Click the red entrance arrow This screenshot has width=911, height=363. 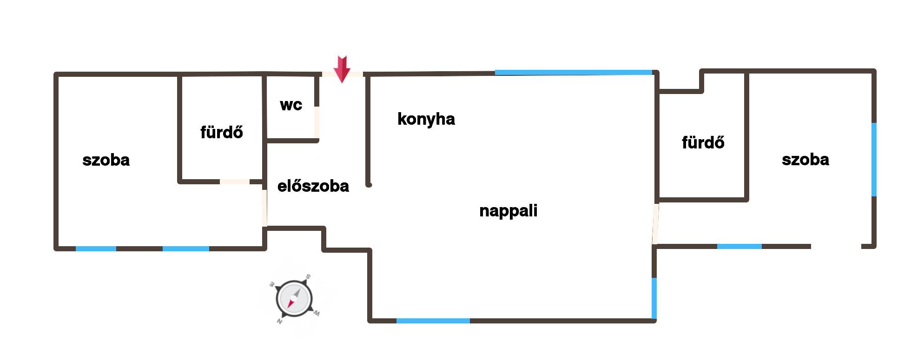(342, 69)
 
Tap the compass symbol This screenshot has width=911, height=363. (294, 298)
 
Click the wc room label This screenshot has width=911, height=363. (291, 105)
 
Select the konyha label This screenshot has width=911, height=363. (426, 119)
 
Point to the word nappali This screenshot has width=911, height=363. (508, 211)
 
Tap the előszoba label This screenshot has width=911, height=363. (313, 186)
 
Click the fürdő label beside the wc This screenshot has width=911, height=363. (222, 132)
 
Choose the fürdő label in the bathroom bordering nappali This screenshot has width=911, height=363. (703, 142)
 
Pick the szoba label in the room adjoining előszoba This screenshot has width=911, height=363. (106, 160)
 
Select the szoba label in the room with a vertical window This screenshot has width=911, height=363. (805, 160)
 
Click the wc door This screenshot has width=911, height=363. (317, 122)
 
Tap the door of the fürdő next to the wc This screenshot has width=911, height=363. (235, 181)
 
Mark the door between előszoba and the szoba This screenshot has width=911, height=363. (264, 208)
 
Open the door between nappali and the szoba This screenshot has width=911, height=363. (655, 224)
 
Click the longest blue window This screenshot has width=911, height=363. (574, 73)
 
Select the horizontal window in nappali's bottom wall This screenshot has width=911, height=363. (433, 321)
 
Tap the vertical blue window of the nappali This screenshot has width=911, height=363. (654, 298)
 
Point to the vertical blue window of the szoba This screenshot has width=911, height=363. (874, 160)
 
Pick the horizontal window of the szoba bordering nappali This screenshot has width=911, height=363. (739, 246)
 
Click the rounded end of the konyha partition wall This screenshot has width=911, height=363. (369, 185)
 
